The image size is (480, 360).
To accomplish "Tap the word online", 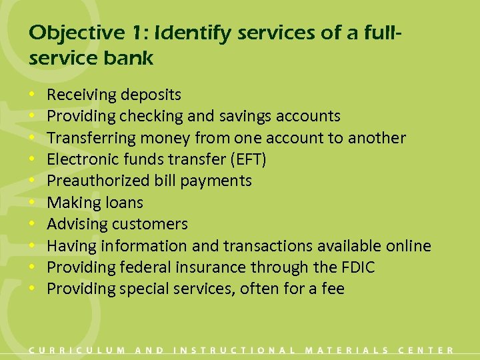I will coord(408,246).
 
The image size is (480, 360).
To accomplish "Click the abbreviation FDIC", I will coord(356,267).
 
